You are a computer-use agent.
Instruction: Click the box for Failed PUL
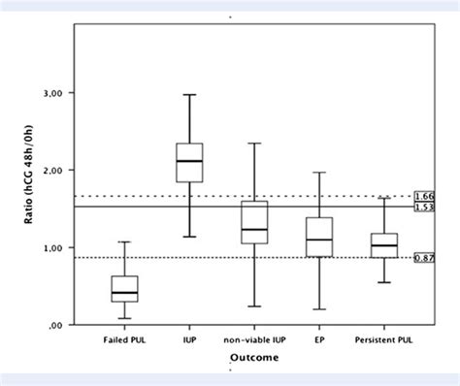(x=123, y=289)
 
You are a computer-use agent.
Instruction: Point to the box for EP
(x=317, y=237)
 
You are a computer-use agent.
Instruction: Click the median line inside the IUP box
(x=188, y=161)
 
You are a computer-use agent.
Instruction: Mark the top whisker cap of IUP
(x=188, y=95)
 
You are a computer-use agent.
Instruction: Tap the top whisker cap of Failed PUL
(x=123, y=241)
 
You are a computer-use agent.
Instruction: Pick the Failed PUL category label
(x=123, y=340)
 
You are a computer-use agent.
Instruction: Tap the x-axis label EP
(x=317, y=340)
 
